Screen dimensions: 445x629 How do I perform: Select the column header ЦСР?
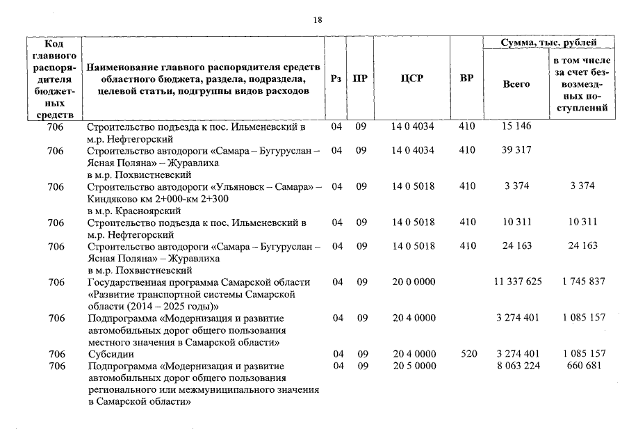tap(411, 79)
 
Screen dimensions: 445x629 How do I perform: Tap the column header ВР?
tap(467, 79)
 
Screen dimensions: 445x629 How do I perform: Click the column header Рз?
tap(336, 79)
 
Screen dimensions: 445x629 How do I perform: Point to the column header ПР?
tap(360, 79)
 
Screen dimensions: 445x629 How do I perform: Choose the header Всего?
tap(516, 83)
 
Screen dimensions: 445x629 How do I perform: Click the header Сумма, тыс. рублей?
tap(548, 43)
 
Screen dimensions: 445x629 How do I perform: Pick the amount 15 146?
tap(516, 127)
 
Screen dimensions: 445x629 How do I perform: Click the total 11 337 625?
tap(516, 282)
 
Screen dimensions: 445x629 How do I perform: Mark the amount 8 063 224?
tap(516, 366)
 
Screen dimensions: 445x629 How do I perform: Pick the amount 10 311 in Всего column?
tap(516, 222)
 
